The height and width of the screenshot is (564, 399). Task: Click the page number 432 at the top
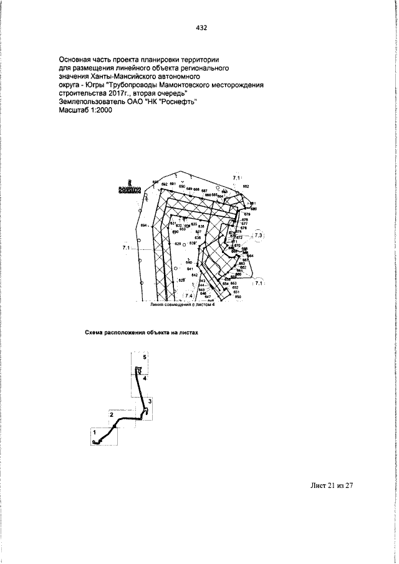[201, 27]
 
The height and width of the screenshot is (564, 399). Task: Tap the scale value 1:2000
[97, 110]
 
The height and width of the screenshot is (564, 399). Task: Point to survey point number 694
[143, 226]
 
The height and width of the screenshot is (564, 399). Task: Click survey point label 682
[246, 186]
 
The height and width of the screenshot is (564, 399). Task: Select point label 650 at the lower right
[238, 297]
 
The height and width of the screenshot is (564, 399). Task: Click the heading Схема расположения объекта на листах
[141, 333]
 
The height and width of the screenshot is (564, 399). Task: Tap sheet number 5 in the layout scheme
[144, 358]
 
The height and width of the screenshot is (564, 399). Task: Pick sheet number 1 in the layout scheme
[94, 431]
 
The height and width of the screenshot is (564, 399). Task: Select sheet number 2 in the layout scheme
[111, 414]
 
